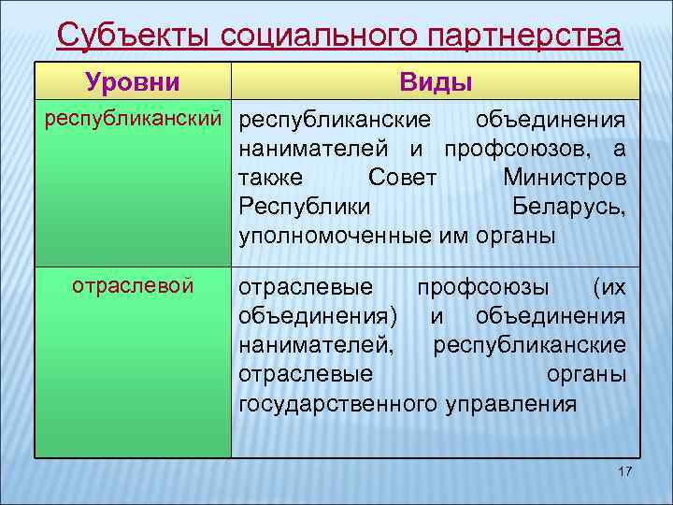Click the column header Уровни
tap(133, 82)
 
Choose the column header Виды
tap(435, 82)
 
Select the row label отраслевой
tap(133, 285)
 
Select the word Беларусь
tap(569, 207)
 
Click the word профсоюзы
tap(483, 287)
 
